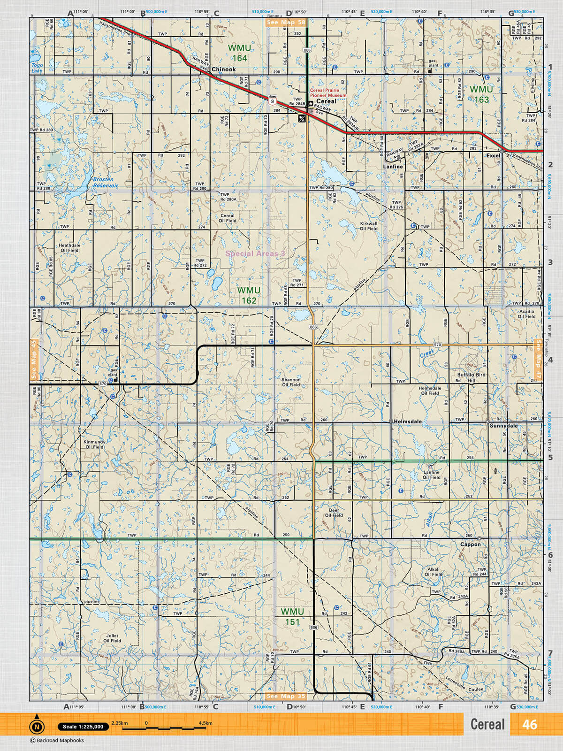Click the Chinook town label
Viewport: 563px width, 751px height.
point(223,69)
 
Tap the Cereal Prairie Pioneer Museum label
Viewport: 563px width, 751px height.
point(328,93)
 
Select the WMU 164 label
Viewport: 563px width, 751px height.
point(239,53)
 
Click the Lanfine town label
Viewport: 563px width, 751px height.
point(393,167)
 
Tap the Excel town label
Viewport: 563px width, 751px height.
point(493,156)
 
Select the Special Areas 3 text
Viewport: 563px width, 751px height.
point(255,253)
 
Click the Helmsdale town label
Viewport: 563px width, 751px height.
point(407,421)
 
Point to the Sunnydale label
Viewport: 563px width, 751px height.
point(503,426)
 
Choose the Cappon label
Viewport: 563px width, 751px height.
point(470,544)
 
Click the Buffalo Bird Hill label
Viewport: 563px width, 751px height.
point(471,378)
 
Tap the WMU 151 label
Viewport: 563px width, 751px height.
point(292,617)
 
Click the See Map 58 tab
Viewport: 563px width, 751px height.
point(286,22)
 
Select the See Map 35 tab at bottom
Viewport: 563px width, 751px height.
point(286,696)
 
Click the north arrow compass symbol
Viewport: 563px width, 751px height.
point(37,727)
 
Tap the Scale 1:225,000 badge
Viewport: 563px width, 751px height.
point(84,727)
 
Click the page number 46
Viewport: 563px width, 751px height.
point(529,725)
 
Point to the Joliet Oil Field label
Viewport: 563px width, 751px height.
point(112,638)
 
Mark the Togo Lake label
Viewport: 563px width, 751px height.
point(37,68)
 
